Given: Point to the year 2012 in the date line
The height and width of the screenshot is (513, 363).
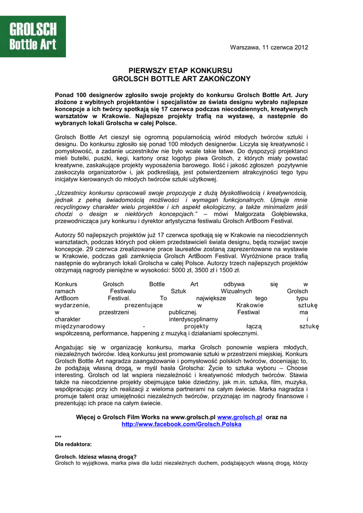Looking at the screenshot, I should tap(301, 48).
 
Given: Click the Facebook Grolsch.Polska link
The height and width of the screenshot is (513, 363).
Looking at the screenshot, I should tap(181, 424).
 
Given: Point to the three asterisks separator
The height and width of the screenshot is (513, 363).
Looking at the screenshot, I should tap(58, 437).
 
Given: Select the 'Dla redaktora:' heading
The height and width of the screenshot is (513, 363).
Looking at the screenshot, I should tap(73, 444).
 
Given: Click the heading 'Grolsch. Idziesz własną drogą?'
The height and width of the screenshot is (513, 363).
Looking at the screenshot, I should tap(96, 456).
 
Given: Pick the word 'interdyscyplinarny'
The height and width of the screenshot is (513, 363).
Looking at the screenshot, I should tap(193, 319).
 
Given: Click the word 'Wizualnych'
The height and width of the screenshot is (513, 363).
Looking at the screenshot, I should tap(236, 291).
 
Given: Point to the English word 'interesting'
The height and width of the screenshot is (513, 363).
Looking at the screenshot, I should tap(70, 375).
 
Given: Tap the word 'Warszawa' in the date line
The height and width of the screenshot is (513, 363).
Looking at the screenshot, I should tap(244, 48).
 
